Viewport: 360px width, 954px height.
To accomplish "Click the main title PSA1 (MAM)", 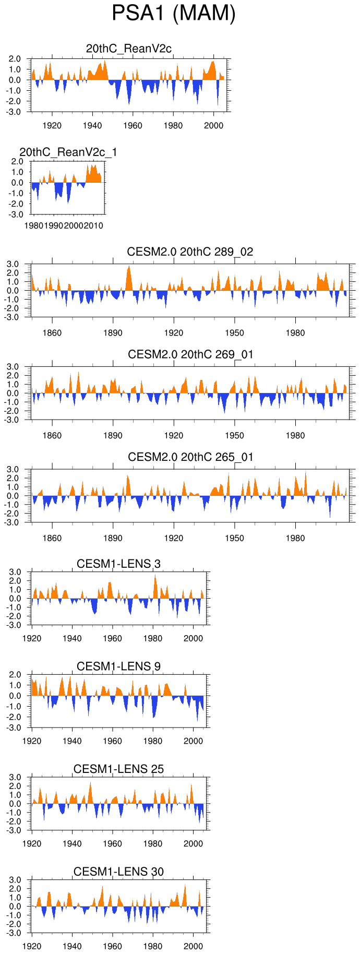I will pos(174,14).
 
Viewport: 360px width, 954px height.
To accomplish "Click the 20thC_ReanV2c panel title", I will pos(129,49).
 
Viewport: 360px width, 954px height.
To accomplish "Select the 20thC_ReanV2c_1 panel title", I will pos(68,152).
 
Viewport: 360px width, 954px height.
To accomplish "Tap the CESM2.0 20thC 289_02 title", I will pos(190,252).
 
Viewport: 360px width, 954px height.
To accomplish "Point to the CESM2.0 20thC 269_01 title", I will pos(190,354).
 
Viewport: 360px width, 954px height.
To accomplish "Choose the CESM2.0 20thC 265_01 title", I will pos(190,457).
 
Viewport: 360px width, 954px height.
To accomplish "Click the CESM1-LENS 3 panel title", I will pos(118,564).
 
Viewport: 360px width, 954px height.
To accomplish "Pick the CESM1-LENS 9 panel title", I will pos(118,666).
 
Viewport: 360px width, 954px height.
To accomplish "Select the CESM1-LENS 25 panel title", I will pos(118,769).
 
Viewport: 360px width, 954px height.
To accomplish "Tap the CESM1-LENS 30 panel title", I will pos(118,872).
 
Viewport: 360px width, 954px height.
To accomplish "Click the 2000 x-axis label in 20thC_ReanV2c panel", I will pos(213,125).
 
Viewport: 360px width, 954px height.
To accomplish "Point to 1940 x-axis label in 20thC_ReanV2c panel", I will pos(92,125).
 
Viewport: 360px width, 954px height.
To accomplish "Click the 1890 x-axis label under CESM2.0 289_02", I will pos(113,332).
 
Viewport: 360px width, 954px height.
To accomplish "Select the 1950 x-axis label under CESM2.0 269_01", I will pos(234,435).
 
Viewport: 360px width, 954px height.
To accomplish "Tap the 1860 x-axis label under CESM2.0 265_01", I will pos(52,538).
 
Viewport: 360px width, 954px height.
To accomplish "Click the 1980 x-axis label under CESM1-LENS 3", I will pos(153,638).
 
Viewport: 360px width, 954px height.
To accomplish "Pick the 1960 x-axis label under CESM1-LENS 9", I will pos(112,741).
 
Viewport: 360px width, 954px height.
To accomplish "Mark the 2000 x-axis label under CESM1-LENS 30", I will pos(193,946).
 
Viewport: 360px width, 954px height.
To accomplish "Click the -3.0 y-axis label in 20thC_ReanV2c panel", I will pos(15,112).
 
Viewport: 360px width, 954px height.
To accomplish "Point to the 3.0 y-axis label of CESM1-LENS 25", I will pos(15,777).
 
